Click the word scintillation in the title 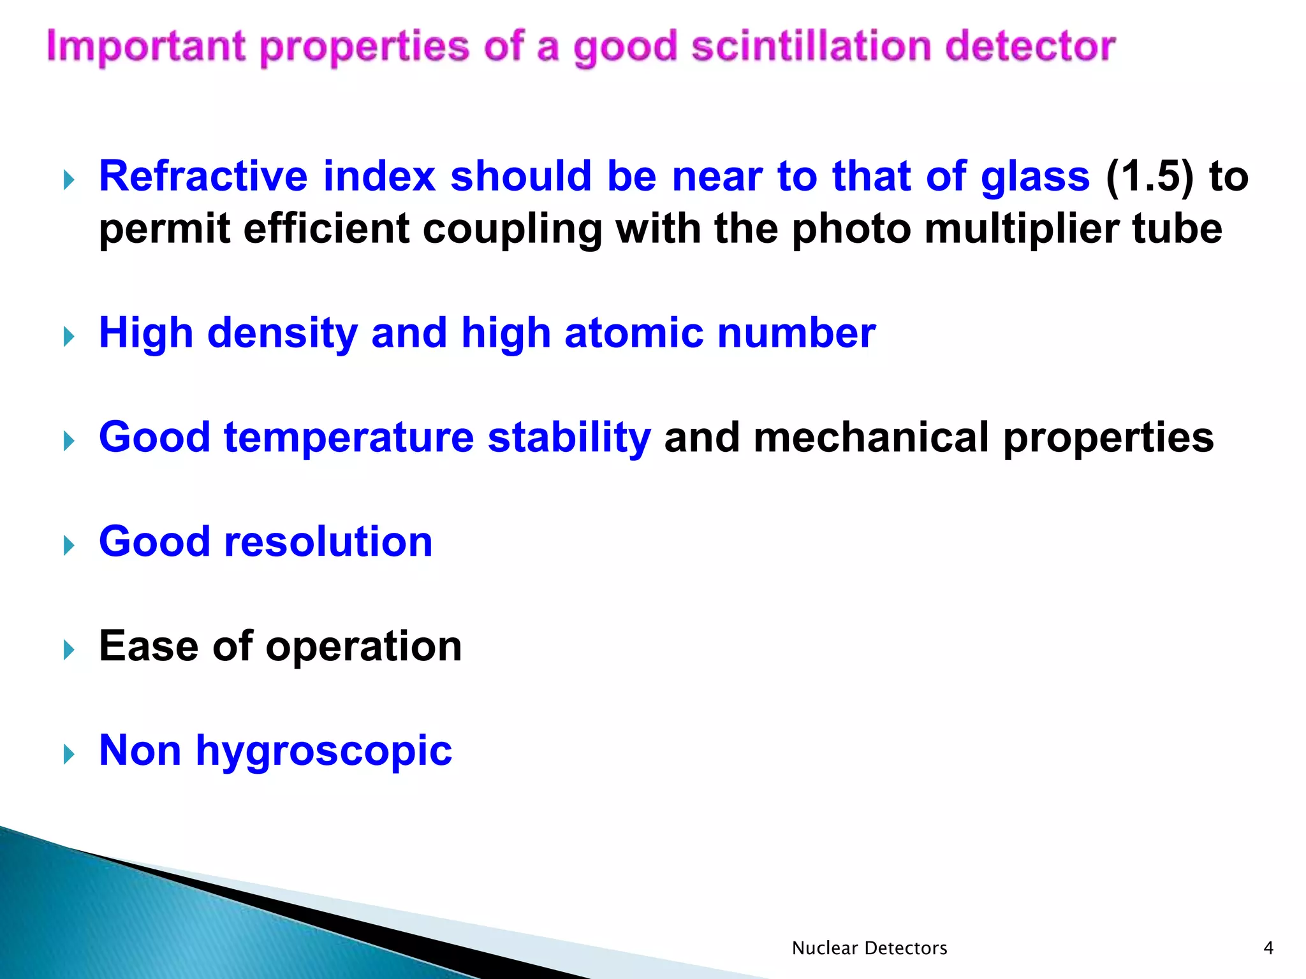coord(811,47)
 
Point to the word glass coord(1035,177)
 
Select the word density coord(282,334)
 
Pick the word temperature coord(349,438)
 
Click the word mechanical coord(871,438)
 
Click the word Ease coord(149,646)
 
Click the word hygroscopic coord(324,751)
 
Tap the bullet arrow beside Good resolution coord(70,546)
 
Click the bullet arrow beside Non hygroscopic coord(70,755)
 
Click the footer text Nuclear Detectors coord(869,948)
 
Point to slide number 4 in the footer coord(1268,948)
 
